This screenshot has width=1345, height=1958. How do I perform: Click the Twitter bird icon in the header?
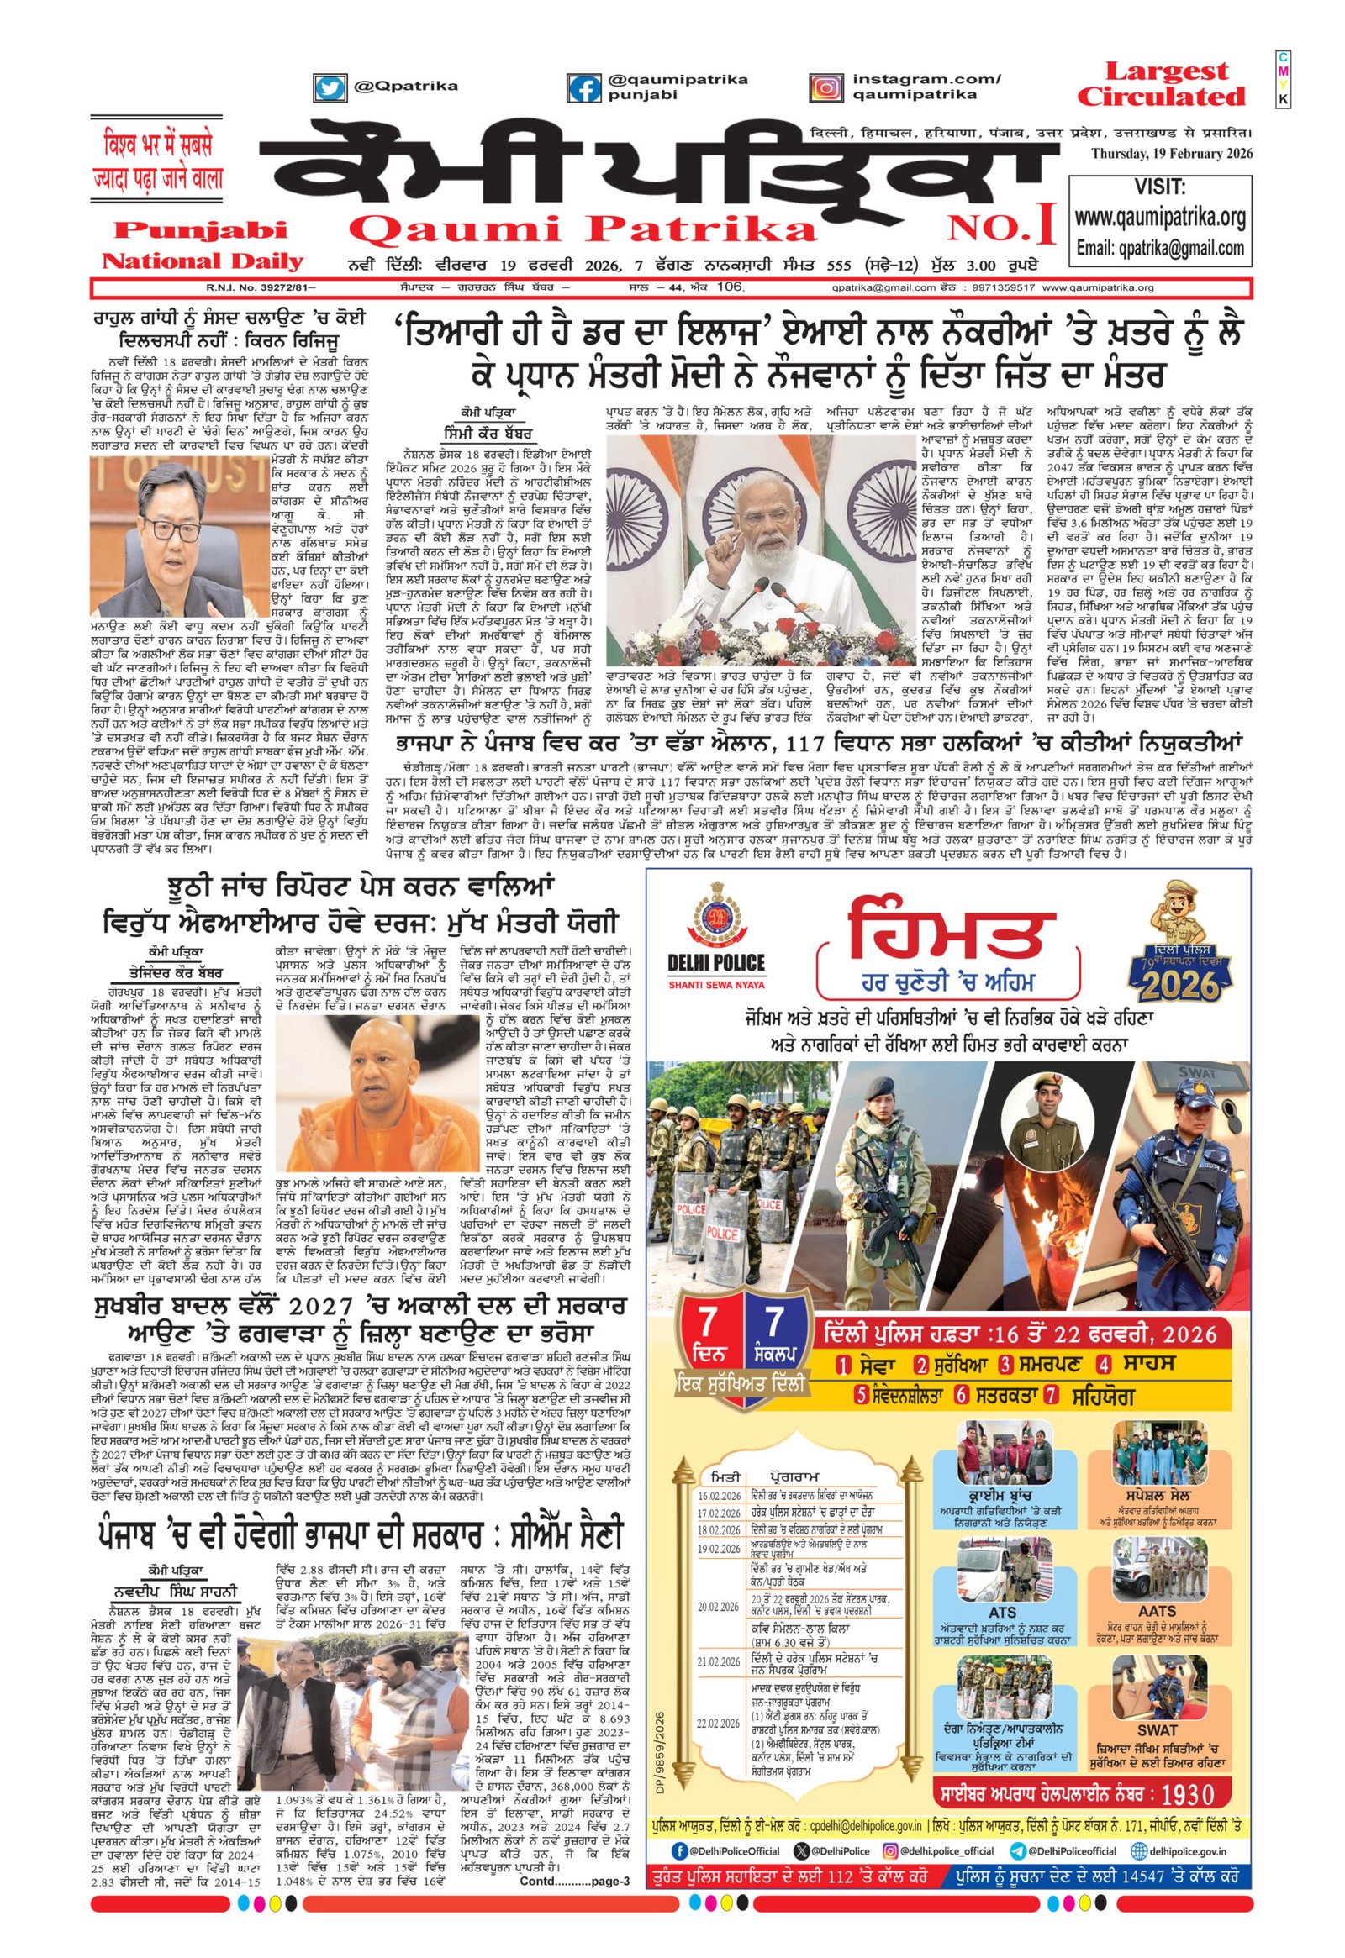tap(329, 87)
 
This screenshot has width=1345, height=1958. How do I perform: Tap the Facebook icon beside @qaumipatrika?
tap(583, 87)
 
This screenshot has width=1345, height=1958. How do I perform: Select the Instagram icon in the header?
tap(826, 87)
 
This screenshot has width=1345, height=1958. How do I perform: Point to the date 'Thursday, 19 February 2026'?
tap(1171, 153)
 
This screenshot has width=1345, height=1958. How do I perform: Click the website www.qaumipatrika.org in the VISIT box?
tap(1159, 218)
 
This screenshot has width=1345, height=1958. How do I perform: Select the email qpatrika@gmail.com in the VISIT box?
tap(1159, 248)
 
